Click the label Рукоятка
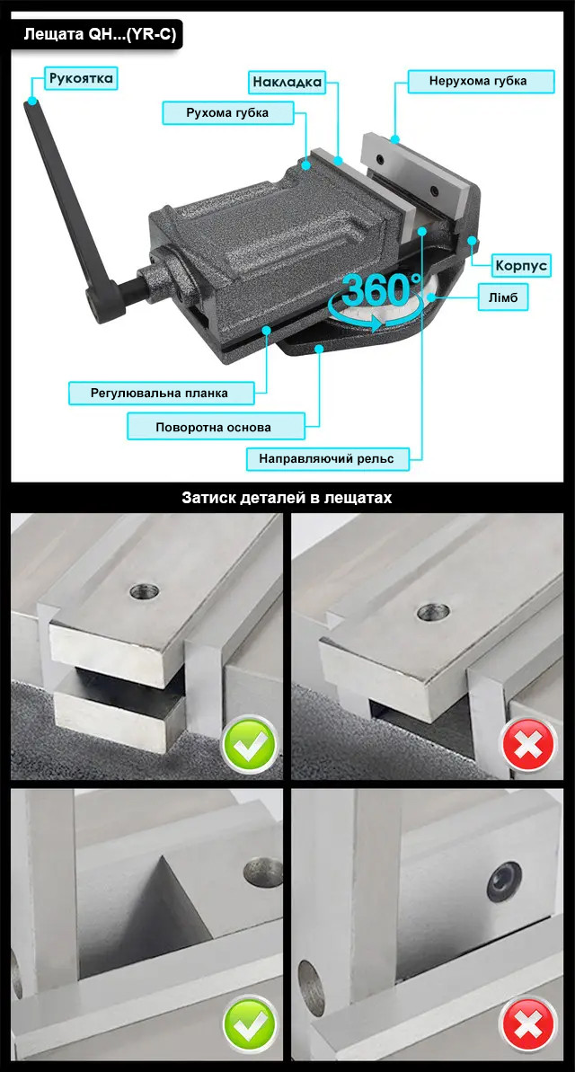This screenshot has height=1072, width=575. [x=81, y=78]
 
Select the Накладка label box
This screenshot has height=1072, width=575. [x=287, y=83]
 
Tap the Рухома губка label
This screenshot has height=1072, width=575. [x=227, y=112]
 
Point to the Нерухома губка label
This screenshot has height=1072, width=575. [x=478, y=81]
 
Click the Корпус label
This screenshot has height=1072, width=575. [x=522, y=266]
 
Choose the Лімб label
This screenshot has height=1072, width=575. [x=502, y=298]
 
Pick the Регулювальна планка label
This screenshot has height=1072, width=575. [x=159, y=393]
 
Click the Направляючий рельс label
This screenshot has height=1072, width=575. [x=326, y=458]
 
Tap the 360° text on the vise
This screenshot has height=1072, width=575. [x=379, y=290]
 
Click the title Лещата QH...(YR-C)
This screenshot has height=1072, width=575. [x=100, y=35]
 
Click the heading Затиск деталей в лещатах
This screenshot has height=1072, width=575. [x=287, y=497]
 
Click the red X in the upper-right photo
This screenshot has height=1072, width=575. [x=528, y=743]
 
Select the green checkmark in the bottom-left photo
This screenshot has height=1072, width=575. [x=250, y=1023]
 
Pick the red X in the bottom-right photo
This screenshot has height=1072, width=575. [x=528, y=1023]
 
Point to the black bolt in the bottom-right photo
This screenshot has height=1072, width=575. [x=504, y=882]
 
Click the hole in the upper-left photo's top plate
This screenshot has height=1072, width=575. [x=144, y=591]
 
